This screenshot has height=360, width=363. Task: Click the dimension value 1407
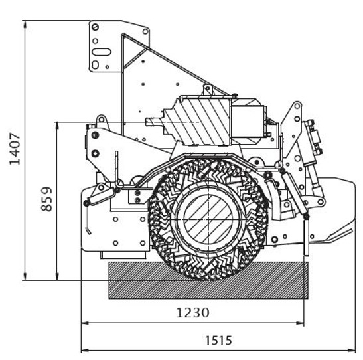(15, 149)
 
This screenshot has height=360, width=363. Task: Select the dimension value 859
(46, 199)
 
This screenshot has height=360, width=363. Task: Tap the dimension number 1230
(193, 313)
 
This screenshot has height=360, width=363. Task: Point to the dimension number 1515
(218, 341)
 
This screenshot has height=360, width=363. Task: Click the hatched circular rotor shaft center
(208, 219)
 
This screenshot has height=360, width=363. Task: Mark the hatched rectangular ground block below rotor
(208, 280)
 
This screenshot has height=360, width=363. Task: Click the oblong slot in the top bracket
(102, 52)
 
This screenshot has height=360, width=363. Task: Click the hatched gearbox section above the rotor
(202, 122)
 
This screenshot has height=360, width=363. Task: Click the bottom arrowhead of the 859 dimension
(57, 276)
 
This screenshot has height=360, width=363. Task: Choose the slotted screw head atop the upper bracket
(95, 27)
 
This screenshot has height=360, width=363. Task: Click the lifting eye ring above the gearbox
(208, 88)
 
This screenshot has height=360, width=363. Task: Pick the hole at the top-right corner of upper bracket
(145, 31)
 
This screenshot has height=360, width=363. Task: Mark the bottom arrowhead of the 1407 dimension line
(25, 276)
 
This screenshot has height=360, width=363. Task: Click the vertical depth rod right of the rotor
(306, 236)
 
